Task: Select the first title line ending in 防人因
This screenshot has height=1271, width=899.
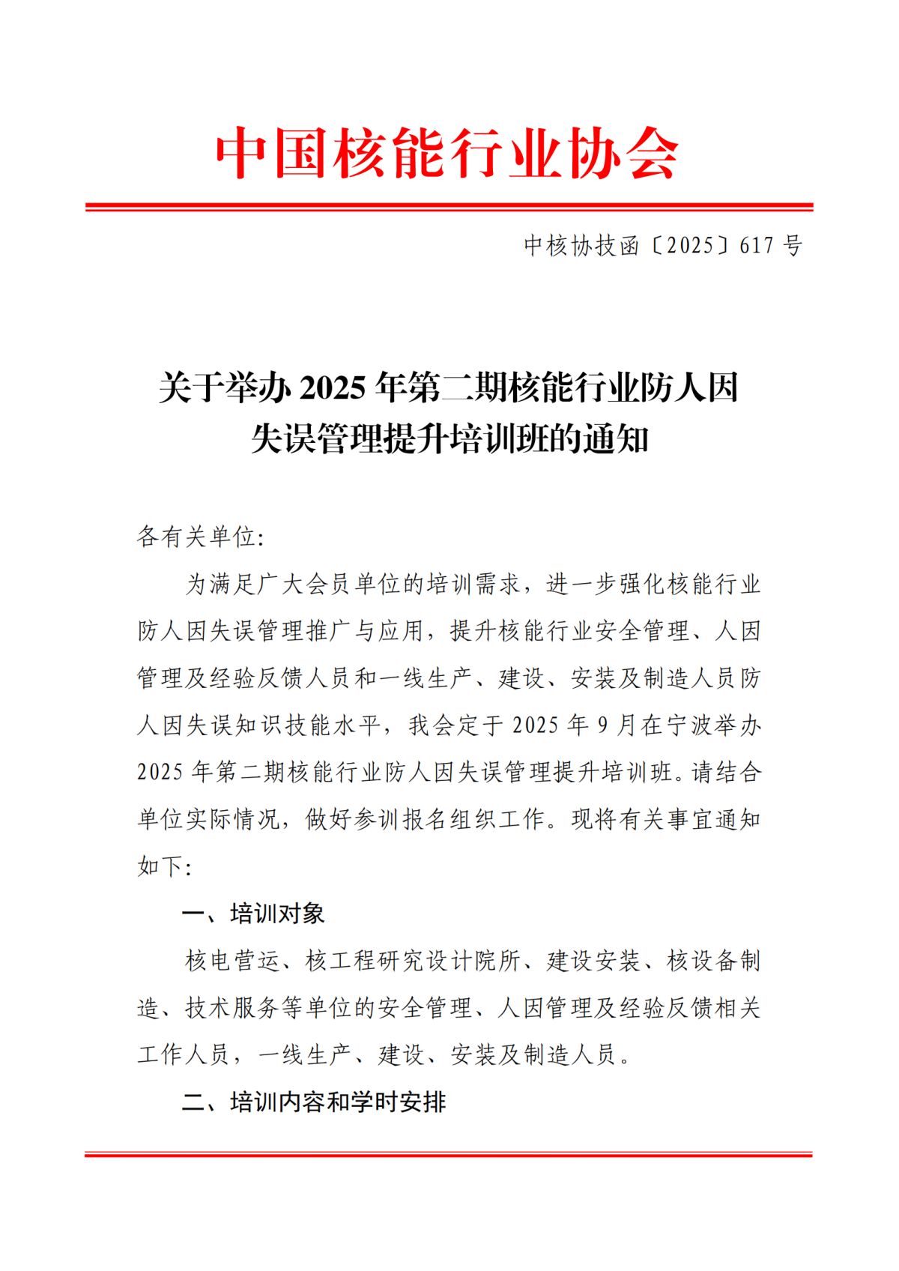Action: (x=448, y=388)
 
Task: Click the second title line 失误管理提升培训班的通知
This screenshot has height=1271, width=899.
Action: (x=449, y=438)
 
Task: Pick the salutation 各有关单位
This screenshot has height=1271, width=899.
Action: (x=197, y=537)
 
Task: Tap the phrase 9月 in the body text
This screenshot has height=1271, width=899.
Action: (x=616, y=725)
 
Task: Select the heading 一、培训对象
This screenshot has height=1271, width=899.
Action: (x=253, y=914)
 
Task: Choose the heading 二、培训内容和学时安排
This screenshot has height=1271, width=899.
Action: (x=314, y=1102)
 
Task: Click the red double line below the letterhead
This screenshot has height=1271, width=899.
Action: (x=449, y=207)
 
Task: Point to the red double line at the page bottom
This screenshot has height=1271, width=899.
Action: (x=449, y=1154)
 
